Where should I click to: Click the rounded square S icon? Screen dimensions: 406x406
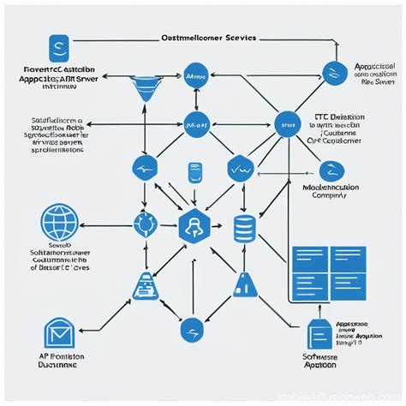[x=58, y=44]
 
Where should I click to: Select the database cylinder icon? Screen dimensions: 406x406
[x=244, y=229]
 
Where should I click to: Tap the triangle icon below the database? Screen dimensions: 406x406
[x=244, y=285]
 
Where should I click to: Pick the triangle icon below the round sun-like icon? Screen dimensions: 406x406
[x=142, y=286]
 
